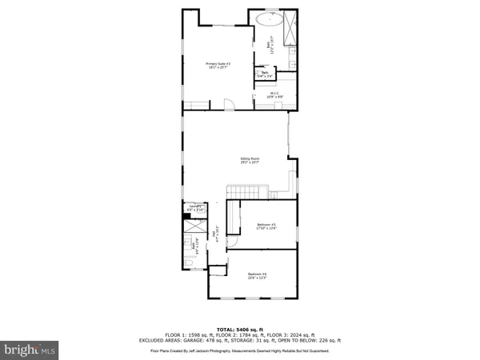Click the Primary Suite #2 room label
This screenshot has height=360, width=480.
pos(218,66)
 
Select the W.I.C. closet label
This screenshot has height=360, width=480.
pos(274,94)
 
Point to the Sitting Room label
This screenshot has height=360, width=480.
pos(250,160)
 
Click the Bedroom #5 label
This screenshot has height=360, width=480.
pos(266,226)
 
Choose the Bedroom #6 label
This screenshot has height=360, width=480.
pos(256,277)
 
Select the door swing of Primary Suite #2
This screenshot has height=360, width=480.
pos(227,102)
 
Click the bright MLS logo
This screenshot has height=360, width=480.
pos(30,349)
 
